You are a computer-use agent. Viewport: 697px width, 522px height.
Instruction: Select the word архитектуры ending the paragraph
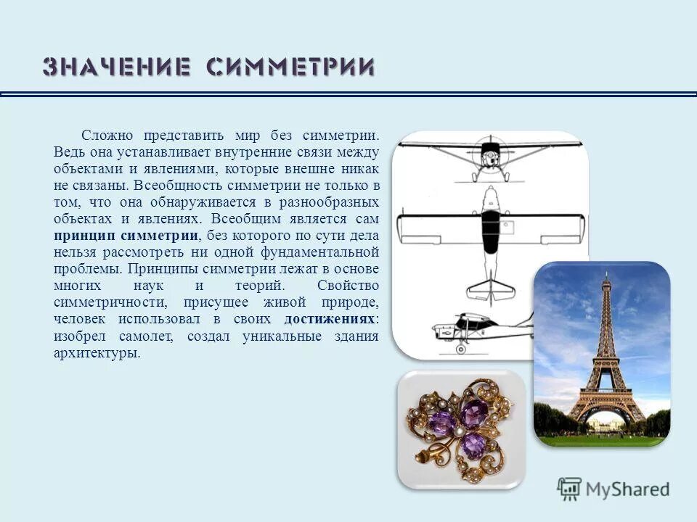click(96, 353)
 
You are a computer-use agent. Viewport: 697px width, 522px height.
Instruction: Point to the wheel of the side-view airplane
click(460, 349)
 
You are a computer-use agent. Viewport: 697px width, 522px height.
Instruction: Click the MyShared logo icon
click(570, 489)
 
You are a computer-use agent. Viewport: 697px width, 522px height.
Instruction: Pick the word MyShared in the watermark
click(627, 489)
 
